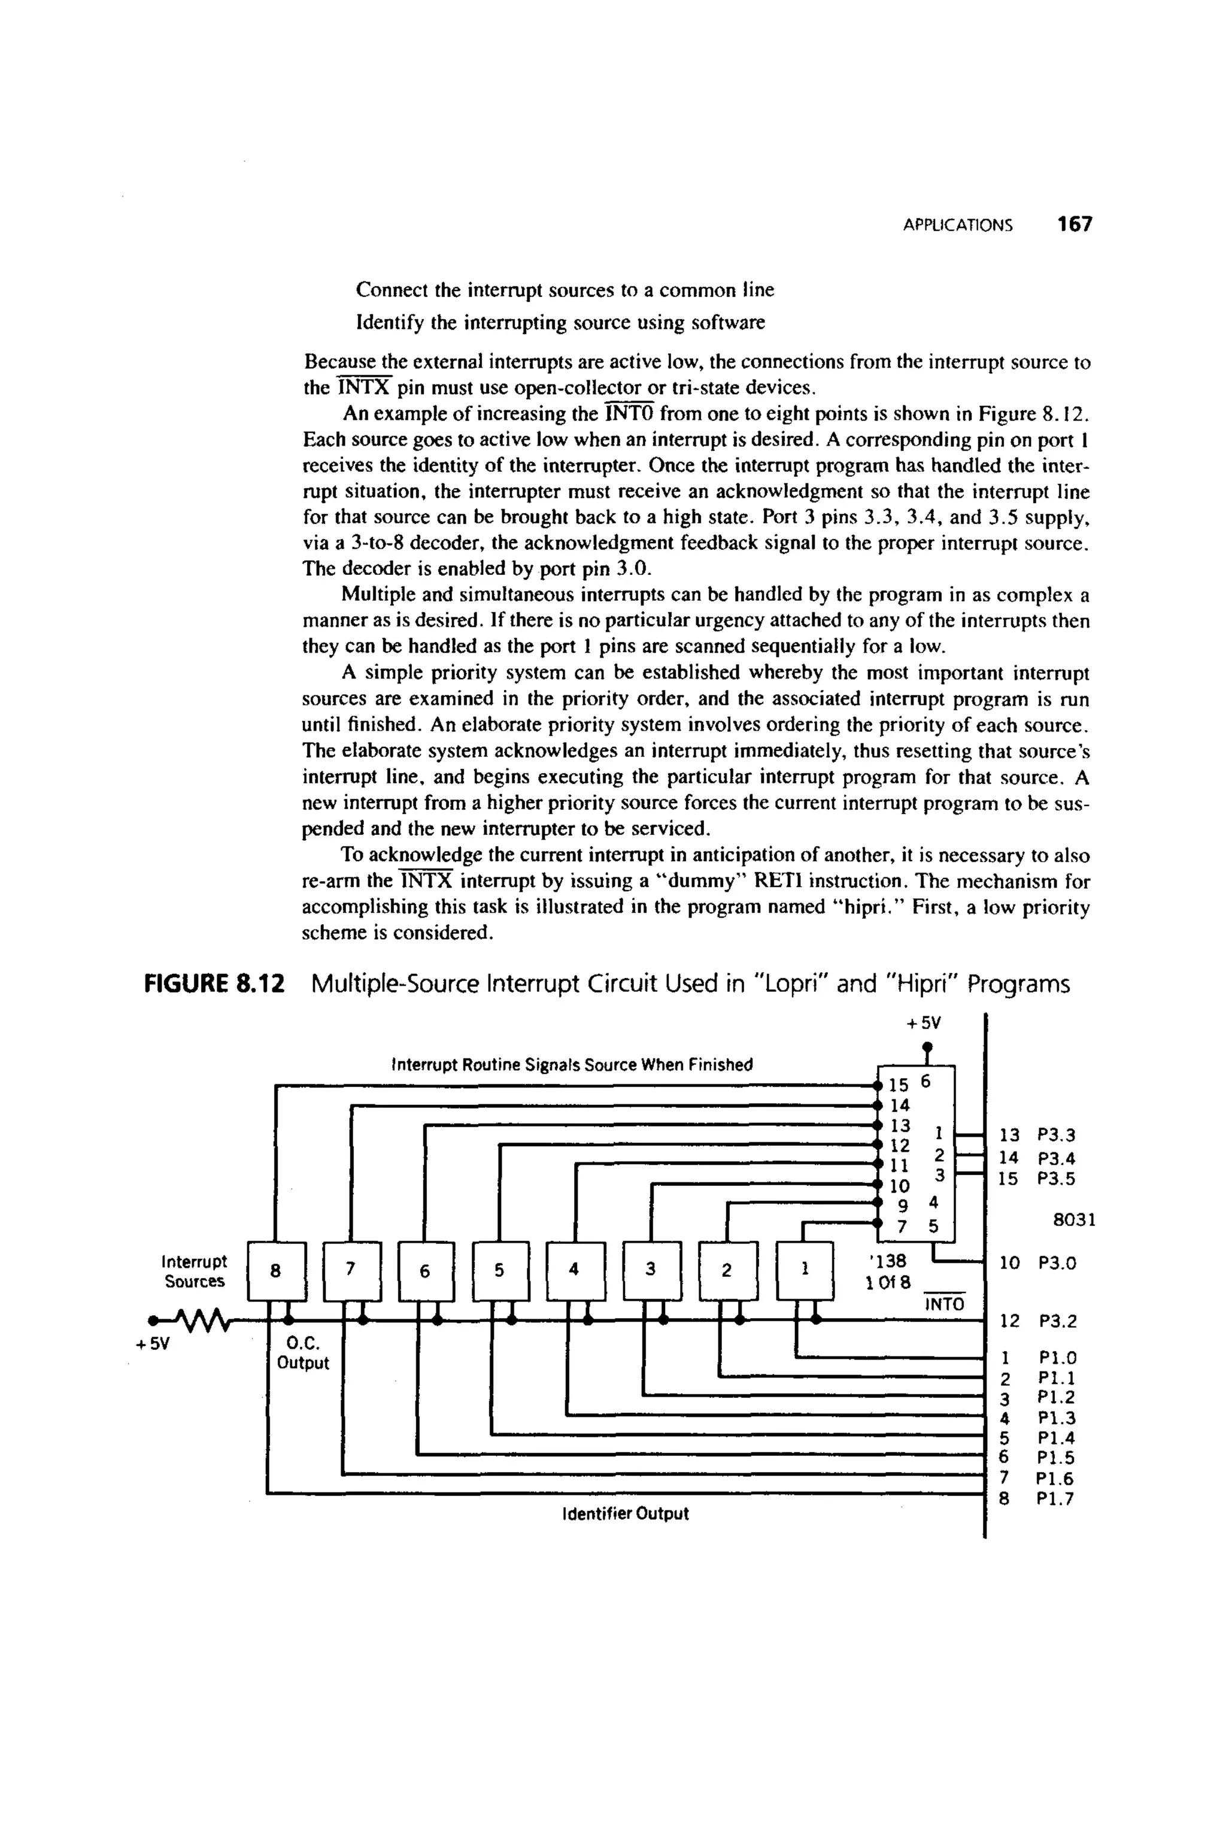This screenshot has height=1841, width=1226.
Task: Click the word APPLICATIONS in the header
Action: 957,226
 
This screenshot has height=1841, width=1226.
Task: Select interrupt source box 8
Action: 275,1271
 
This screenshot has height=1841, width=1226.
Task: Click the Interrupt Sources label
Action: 194,1271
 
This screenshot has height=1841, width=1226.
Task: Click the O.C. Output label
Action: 302,1354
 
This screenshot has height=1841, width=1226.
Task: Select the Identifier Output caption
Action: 626,1513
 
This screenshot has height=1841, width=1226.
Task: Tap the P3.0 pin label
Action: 1057,1263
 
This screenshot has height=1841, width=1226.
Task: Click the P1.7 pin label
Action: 1055,1498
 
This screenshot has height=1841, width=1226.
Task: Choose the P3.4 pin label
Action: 1057,1158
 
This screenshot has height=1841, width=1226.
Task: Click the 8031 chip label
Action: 1075,1220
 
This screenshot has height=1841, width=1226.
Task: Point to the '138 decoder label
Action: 887,1261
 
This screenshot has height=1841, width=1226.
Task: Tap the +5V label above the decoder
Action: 925,1023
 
